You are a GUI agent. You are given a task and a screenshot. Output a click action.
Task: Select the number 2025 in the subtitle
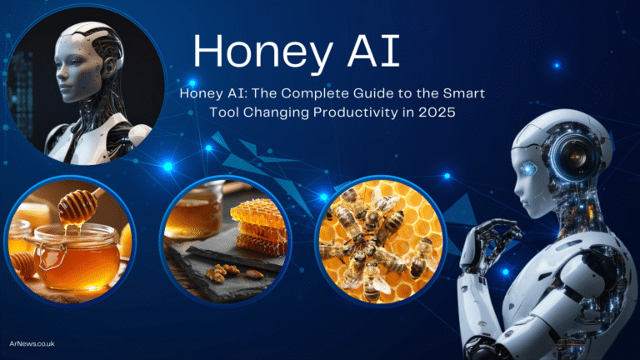click(x=437, y=112)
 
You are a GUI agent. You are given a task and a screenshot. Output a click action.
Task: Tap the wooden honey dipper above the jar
click(x=80, y=204)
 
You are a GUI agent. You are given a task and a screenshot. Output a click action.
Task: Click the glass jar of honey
click(x=77, y=255)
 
